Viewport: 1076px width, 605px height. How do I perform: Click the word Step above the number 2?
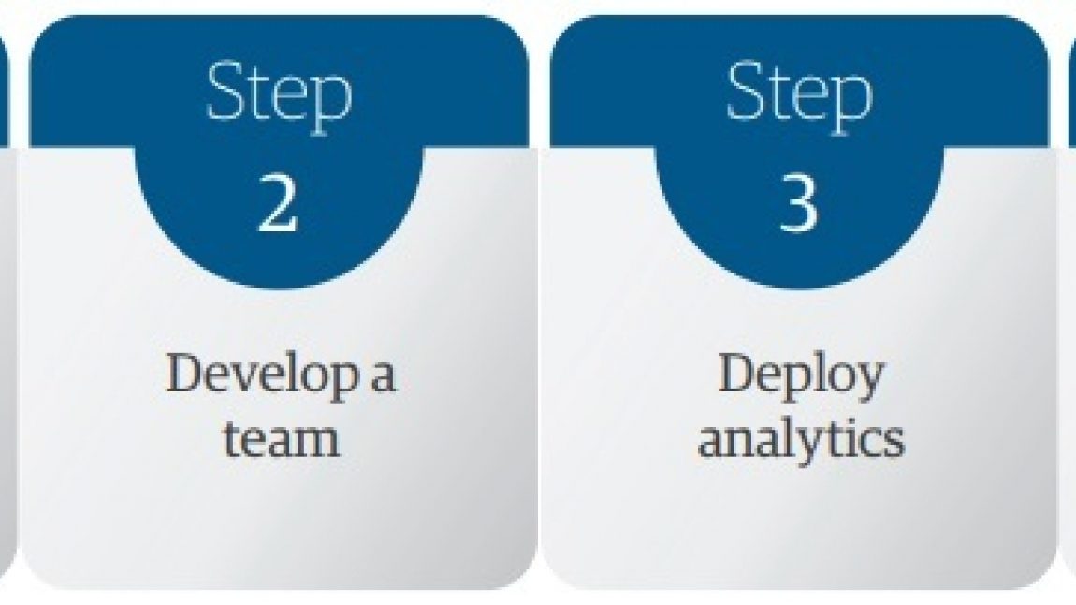(x=279, y=96)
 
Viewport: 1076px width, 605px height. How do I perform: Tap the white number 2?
(x=278, y=202)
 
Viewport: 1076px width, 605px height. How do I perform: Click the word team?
(x=282, y=439)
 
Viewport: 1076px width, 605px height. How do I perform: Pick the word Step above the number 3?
(x=799, y=96)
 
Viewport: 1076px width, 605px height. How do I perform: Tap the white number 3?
(x=799, y=202)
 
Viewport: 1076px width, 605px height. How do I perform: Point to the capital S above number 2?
(x=227, y=91)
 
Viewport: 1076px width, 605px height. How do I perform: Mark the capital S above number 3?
(x=748, y=91)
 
